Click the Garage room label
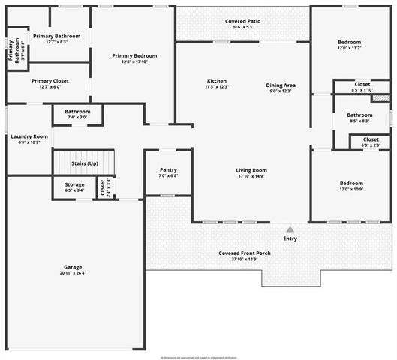(73, 267)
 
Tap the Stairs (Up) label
(84, 163)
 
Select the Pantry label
(168, 169)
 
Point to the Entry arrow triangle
(290, 229)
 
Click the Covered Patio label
(243, 21)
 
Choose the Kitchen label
(217, 81)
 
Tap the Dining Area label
(281, 85)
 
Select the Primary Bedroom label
(134, 56)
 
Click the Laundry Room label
(29, 136)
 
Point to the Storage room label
(74, 184)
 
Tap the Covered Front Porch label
(245, 253)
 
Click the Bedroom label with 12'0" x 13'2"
(349, 42)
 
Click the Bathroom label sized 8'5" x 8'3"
(359, 115)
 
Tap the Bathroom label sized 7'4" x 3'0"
(77, 111)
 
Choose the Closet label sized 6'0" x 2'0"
(371, 139)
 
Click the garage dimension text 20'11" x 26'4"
(73, 273)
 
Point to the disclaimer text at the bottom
(198, 357)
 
